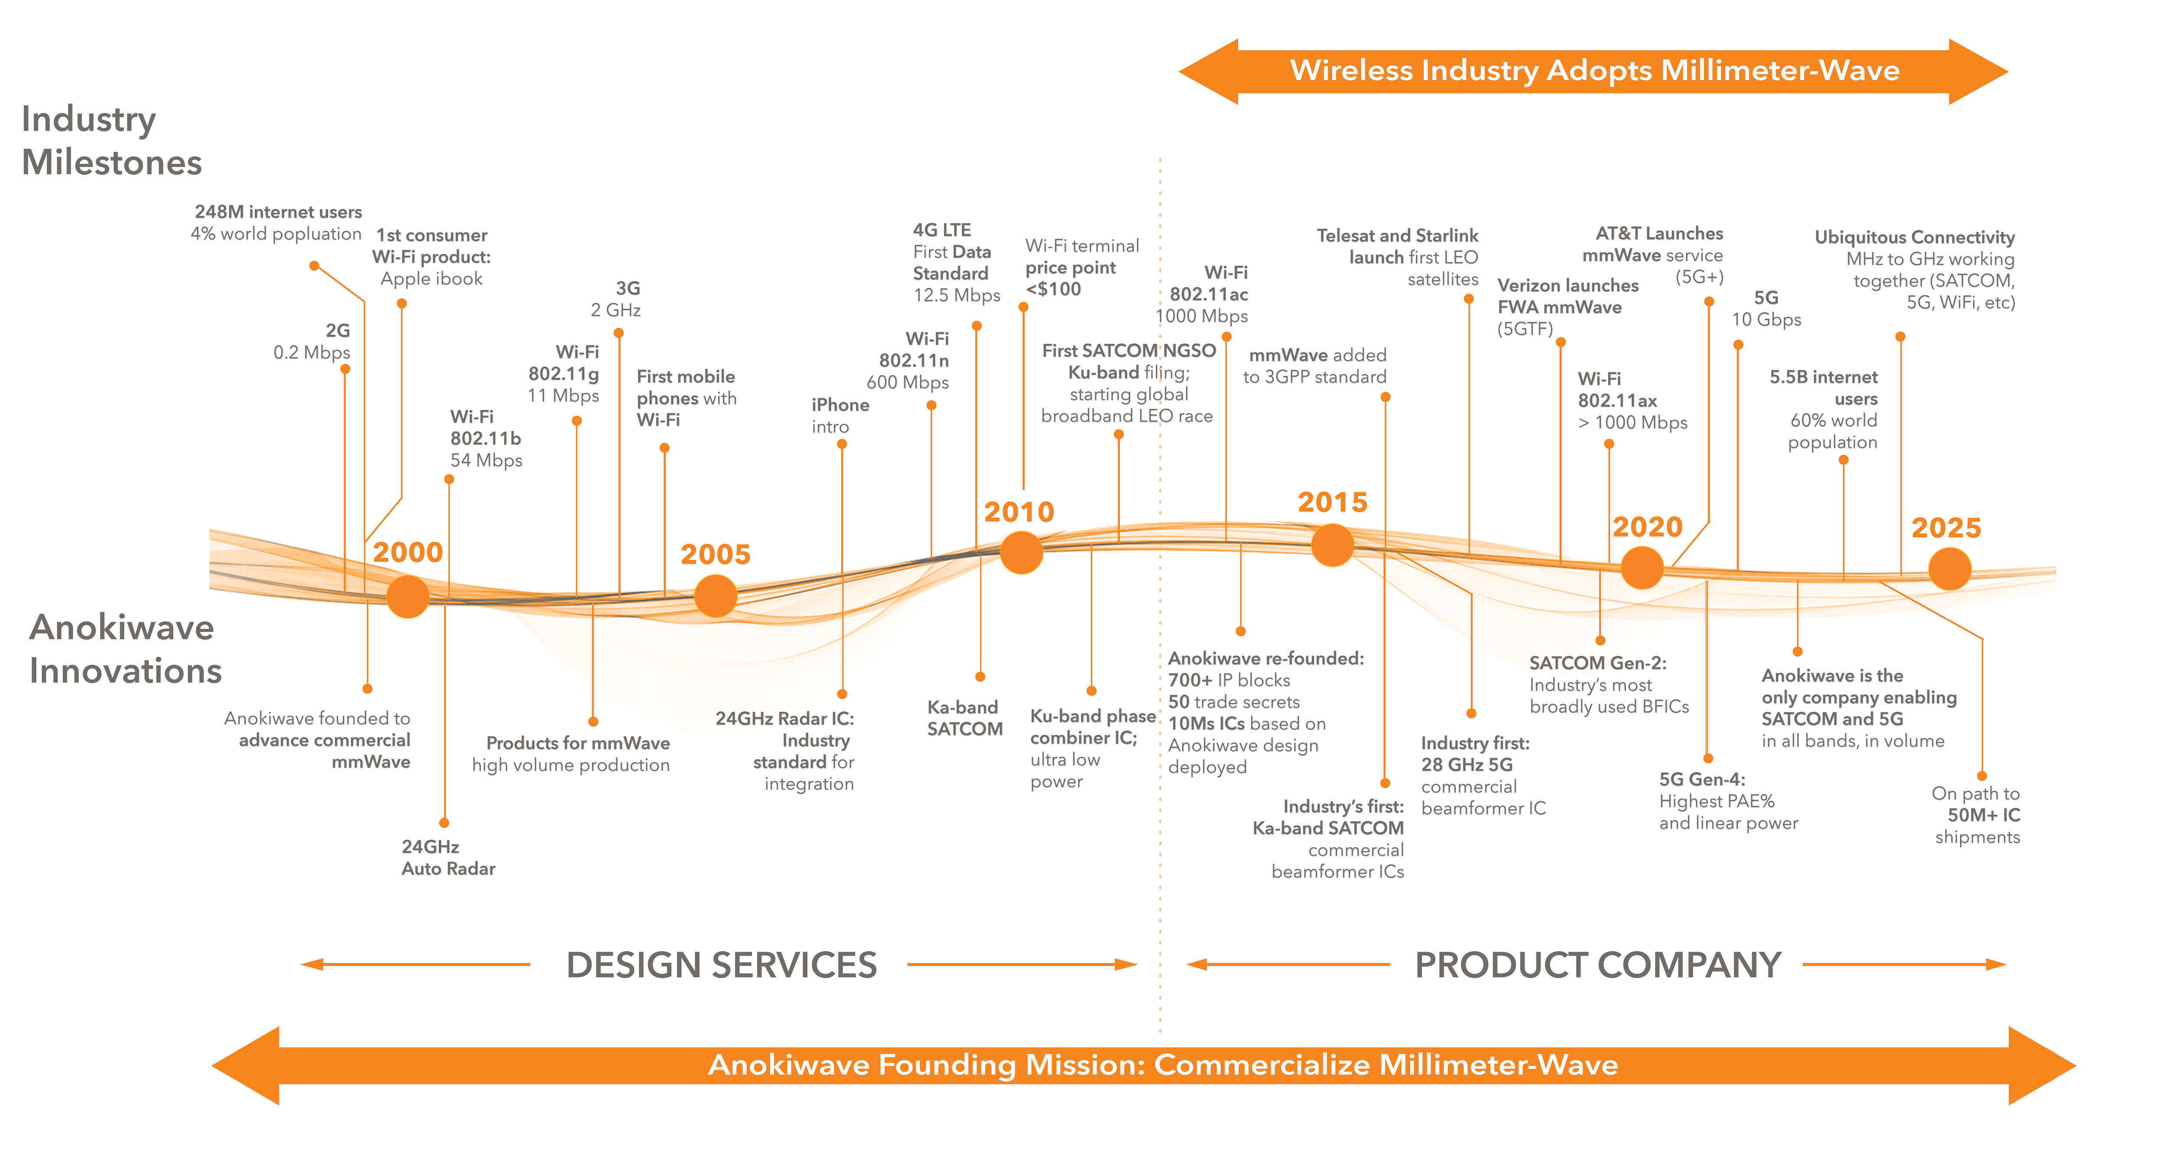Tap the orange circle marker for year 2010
click(x=1021, y=552)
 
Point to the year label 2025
click(x=1946, y=528)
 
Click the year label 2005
click(x=715, y=554)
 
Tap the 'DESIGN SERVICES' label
click(x=721, y=965)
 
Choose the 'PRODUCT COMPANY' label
click(x=1597, y=965)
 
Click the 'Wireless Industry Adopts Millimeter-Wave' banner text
click(x=1594, y=71)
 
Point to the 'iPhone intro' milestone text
click(x=839, y=415)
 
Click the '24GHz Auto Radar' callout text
click(x=448, y=857)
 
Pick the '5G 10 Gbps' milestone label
click(x=1766, y=308)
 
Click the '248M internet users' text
click(x=278, y=212)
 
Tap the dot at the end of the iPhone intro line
click(x=842, y=444)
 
